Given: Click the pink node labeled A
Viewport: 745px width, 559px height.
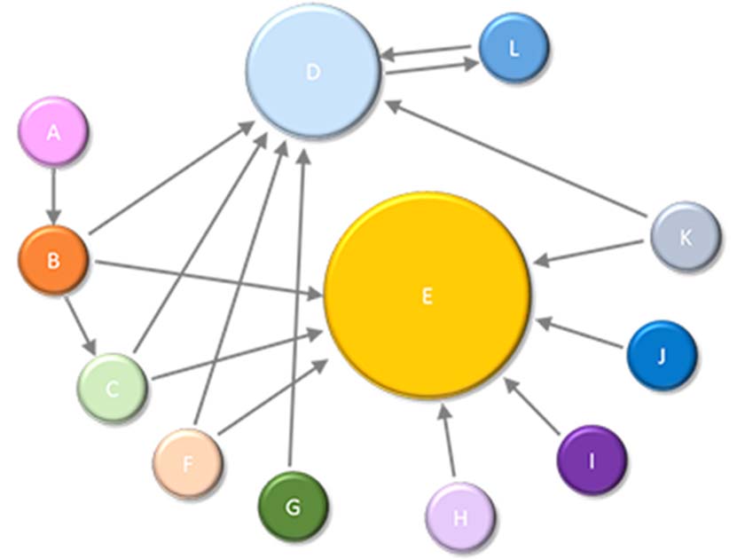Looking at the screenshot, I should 53,132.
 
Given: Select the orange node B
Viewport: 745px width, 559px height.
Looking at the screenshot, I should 53,260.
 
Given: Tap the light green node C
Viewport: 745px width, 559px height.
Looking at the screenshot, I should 112,388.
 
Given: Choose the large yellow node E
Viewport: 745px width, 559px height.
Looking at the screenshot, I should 427,295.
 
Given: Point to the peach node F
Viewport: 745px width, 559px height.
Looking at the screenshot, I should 187,462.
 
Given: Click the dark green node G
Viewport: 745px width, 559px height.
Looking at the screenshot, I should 293,507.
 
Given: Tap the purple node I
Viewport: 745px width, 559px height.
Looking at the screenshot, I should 592,460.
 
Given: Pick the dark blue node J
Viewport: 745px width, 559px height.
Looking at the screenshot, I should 661,356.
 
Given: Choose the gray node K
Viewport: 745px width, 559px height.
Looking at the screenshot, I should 685,237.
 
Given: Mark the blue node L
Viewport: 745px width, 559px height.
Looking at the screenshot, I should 514,49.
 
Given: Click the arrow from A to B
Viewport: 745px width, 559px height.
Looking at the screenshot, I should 53,195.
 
